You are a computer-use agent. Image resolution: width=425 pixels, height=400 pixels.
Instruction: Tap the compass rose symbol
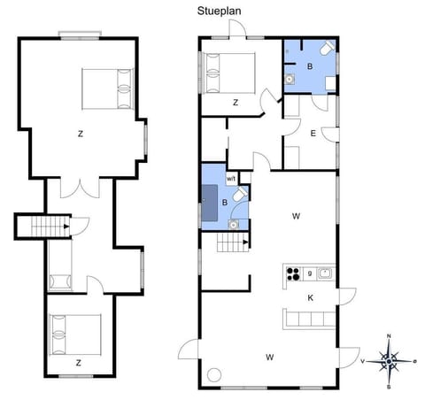tap(390, 360)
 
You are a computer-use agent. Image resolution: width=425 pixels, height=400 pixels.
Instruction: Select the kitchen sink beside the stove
tap(325, 273)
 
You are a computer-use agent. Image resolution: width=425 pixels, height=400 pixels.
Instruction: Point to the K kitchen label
tap(311, 298)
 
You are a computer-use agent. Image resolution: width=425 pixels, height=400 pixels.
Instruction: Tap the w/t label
tap(231, 178)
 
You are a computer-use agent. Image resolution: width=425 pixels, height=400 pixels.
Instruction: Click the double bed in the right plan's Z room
tap(228, 72)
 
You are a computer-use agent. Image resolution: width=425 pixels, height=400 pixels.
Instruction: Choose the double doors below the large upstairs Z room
tap(86, 187)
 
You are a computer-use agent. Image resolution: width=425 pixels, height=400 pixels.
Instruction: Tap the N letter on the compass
tap(390, 338)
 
